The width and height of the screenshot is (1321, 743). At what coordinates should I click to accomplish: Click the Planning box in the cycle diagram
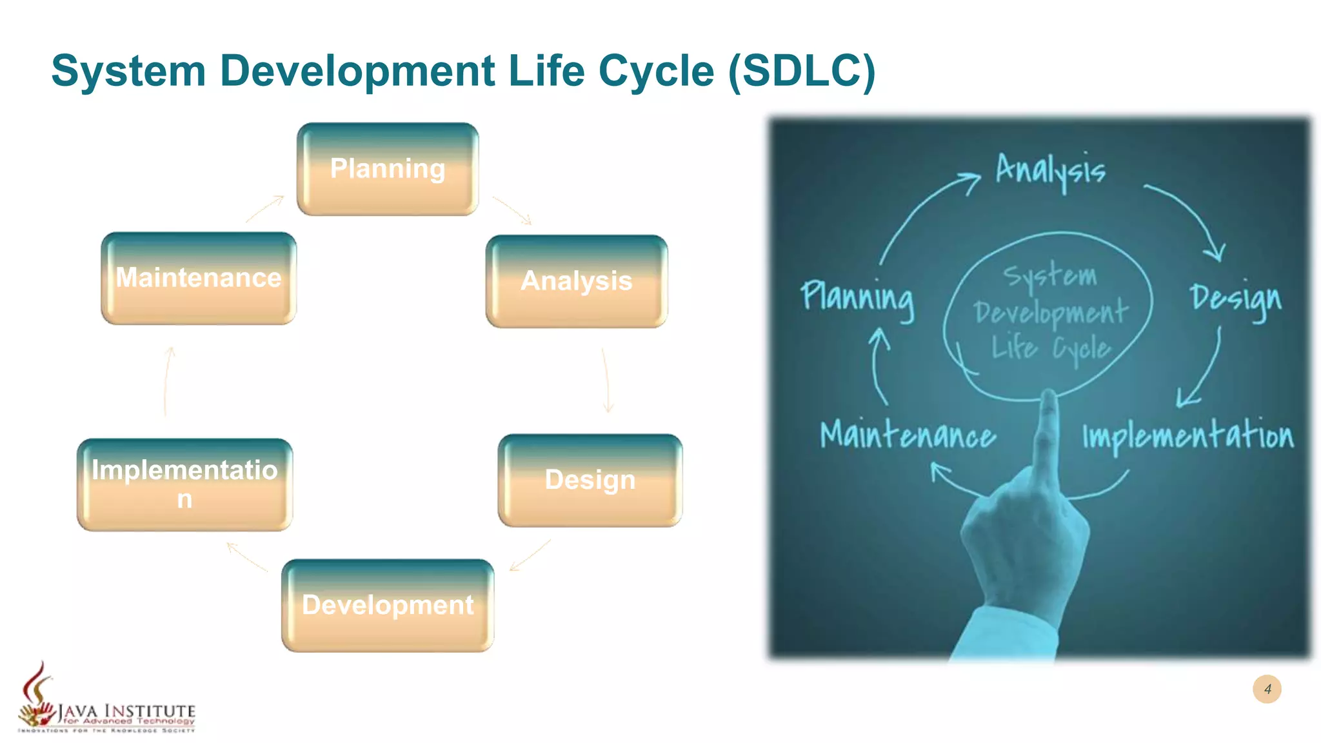coord(388,169)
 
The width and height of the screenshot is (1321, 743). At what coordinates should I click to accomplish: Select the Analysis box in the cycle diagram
coord(576,281)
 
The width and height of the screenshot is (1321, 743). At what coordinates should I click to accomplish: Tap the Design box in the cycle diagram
coord(590,480)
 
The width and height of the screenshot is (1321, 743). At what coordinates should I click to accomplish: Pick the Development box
coord(388,606)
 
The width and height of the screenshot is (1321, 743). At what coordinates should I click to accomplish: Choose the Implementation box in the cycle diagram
coord(184,484)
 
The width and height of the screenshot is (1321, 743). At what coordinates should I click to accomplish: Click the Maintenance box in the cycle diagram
coord(199,278)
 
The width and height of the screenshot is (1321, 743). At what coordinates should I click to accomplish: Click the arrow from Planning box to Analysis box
coord(512,210)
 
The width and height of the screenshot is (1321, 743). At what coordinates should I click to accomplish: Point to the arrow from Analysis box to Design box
coord(606,381)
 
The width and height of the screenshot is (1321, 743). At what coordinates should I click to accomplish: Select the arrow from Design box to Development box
coord(530,555)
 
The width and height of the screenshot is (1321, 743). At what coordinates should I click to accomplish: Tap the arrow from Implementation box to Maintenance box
coord(168,382)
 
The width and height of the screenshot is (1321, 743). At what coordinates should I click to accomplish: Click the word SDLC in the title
coord(802,70)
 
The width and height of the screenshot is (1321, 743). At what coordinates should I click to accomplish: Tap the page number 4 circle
coord(1267,689)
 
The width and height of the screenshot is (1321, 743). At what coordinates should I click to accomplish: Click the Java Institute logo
coord(106,703)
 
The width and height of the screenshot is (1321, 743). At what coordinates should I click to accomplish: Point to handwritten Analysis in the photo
coord(1050,170)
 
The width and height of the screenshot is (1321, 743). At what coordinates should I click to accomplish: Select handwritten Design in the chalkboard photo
coord(1235,299)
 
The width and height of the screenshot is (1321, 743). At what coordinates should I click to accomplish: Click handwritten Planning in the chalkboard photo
coord(857,298)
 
